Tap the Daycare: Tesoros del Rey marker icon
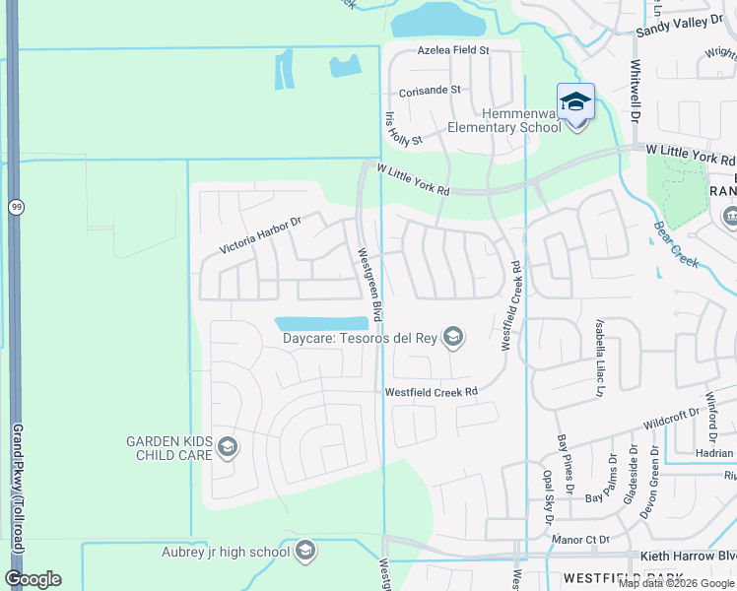453,338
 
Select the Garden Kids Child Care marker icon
228,449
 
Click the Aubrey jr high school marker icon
305,551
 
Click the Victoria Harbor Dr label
260,234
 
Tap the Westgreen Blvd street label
369,283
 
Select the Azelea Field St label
453,49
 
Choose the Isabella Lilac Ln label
598,357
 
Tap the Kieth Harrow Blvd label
688,557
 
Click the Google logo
33,578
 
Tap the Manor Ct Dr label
582,540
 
